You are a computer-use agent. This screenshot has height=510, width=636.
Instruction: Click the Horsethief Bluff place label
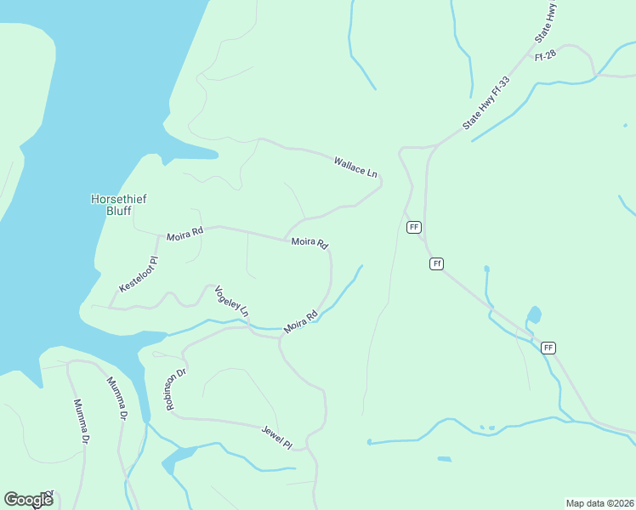(x=119, y=205)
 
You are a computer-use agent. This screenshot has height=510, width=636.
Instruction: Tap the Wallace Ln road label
(x=355, y=167)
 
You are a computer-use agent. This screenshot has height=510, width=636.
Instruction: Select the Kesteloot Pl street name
(x=139, y=275)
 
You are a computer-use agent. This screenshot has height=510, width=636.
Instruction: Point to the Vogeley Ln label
(x=231, y=302)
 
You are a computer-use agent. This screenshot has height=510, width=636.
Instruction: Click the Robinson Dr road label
(x=176, y=389)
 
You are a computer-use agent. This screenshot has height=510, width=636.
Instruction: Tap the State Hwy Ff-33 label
(x=487, y=104)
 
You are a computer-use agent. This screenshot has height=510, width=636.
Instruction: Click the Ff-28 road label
(x=545, y=56)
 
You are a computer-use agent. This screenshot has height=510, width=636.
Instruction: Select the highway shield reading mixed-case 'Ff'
(x=436, y=263)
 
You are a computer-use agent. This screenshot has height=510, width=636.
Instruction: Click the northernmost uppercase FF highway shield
(x=414, y=227)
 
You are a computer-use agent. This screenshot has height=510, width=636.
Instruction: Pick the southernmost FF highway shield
(x=548, y=348)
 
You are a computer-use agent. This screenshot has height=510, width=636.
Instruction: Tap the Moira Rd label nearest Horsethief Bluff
(x=185, y=234)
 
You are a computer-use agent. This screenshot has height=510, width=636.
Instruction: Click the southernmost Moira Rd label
(x=301, y=321)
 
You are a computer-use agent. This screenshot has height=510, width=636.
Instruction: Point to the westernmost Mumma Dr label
(x=82, y=422)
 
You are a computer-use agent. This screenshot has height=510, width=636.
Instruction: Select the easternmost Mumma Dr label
(x=116, y=398)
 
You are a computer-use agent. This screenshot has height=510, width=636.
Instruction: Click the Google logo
(x=29, y=499)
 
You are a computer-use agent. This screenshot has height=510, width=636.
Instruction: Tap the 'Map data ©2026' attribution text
(x=599, y=502)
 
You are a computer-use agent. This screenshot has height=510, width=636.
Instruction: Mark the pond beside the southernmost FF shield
(x=534, y=317)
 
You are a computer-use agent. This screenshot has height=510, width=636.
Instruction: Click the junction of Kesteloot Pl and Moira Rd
(x=156, y=235)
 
